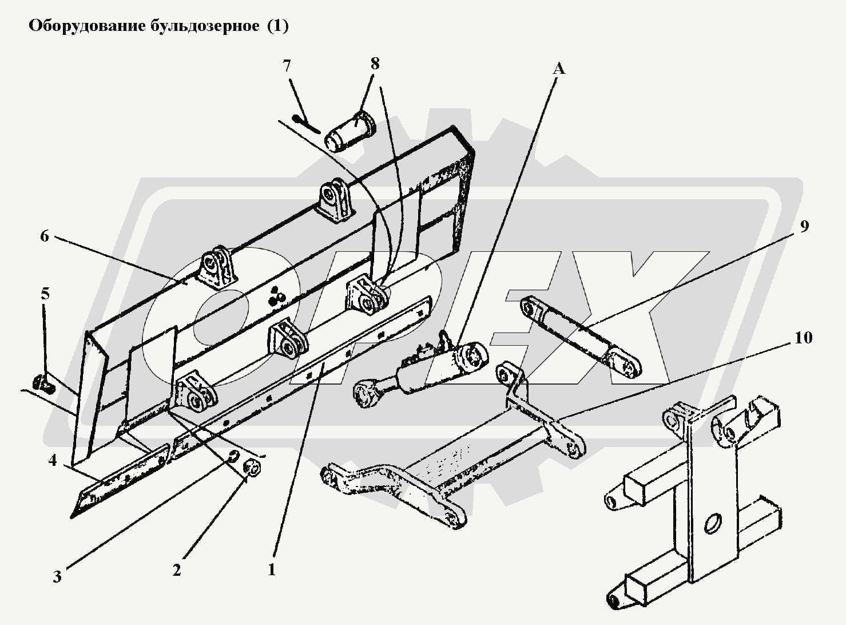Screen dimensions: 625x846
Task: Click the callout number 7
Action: click(287, 66)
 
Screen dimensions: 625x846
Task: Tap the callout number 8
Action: click(375, 64)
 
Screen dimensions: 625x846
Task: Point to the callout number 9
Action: click(804, 227)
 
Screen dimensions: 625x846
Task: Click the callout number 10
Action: click(803, 338)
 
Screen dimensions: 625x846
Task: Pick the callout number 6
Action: click(45, 236)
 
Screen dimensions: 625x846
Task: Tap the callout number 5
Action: click(45, 294)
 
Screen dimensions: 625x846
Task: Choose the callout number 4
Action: click(53, 460)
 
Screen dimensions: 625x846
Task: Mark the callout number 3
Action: click(57, 576)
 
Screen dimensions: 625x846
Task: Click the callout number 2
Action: click(177, 570)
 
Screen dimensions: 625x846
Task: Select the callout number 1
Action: click(272, 570)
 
